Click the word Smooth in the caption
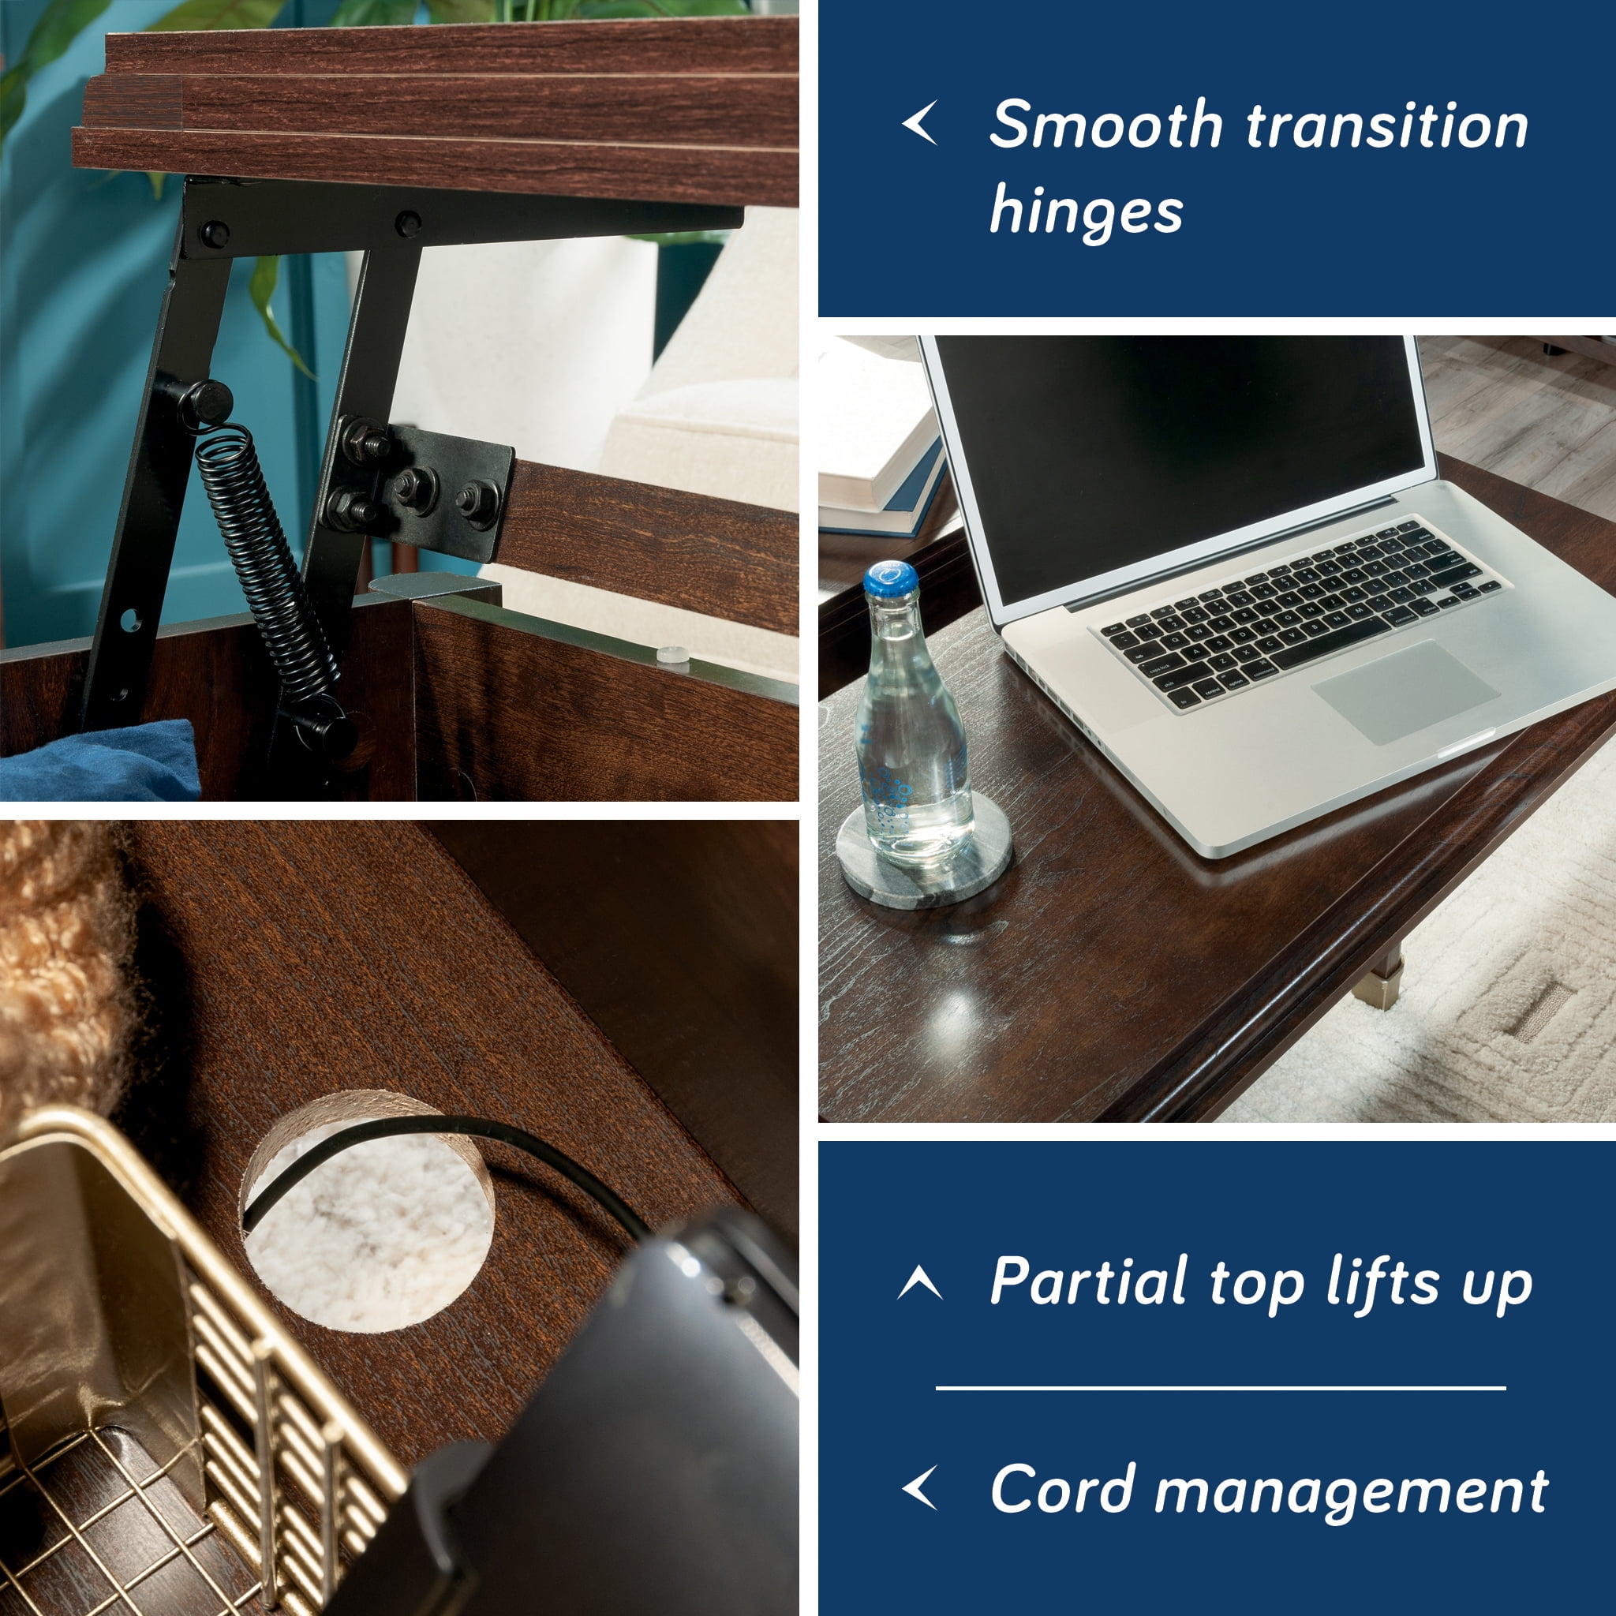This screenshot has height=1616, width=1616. coord(1106,125)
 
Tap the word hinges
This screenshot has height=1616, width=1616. coord(1086,212)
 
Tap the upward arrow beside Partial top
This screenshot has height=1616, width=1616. coord(920,1283)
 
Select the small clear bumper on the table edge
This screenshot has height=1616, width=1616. coord(671,657)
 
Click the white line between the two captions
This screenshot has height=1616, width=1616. coord(1221,1388)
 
